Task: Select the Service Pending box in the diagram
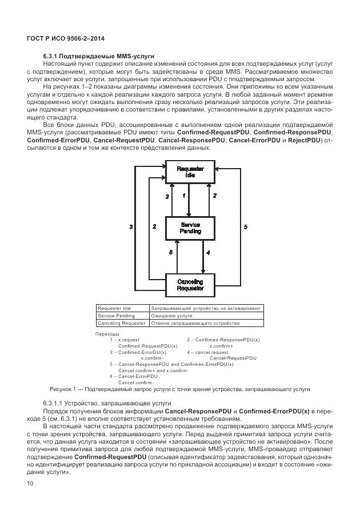190,228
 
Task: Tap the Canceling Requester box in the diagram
190,285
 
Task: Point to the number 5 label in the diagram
246,227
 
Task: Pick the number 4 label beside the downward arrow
208,253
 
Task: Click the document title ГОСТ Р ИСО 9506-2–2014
65,38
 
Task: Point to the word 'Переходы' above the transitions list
107,333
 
